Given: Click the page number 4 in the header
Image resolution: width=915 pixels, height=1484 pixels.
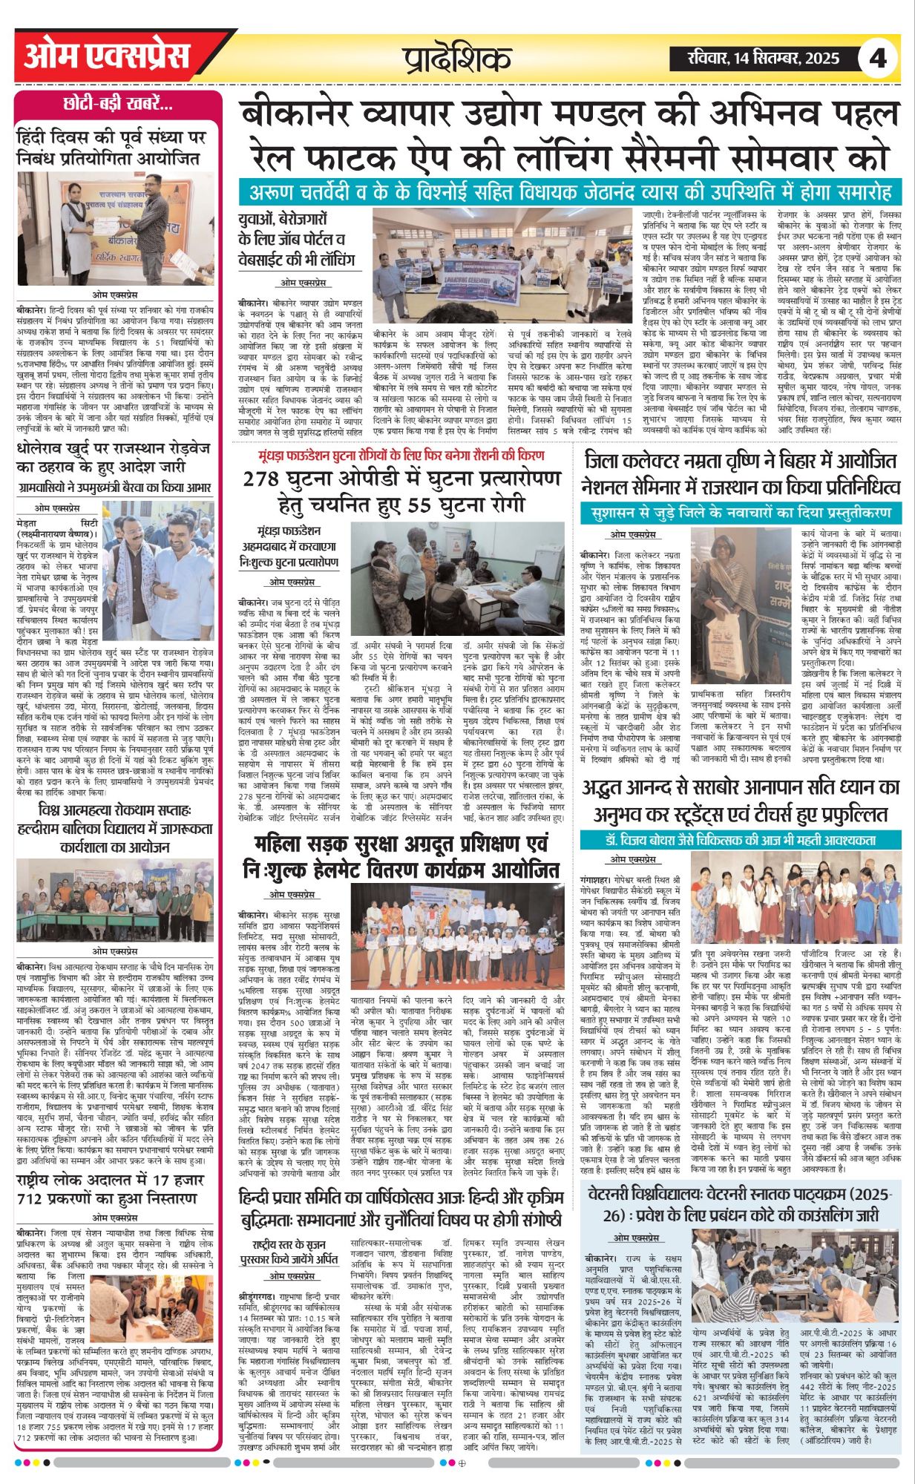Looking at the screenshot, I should coord(878,58).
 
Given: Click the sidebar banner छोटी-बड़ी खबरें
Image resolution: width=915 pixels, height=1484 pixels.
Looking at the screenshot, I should coord(118,104).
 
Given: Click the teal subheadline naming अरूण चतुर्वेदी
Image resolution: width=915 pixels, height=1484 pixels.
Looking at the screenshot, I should coord(568,193).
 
